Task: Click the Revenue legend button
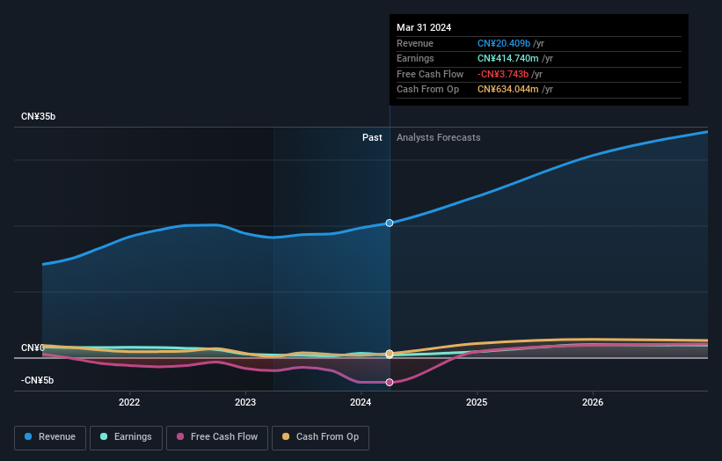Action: (50, 436)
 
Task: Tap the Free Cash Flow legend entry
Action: (217, 436)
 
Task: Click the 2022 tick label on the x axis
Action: (129, 403)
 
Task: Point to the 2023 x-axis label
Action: (245, 403)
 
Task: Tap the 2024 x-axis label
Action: (361, 403)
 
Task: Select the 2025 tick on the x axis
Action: (477, 403)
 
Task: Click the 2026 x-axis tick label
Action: (593, 403)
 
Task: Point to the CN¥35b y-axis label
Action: (39, 117)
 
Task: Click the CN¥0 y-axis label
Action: (33, 348)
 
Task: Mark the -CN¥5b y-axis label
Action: (37, 380)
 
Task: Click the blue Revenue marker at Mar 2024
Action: (389, 223)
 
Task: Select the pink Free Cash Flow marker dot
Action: (389, 382)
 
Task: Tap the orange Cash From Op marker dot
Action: (389, 354)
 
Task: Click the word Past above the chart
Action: (372, 137)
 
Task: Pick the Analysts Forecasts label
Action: (438, 137)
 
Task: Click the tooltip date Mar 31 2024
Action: (424, 27)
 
